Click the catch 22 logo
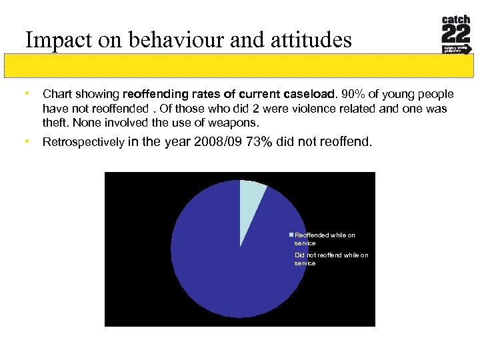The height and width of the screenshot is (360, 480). coord(456,35)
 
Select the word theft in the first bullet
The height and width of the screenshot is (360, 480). coord(55,123)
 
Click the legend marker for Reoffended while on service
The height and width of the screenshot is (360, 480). coord(291,235)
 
